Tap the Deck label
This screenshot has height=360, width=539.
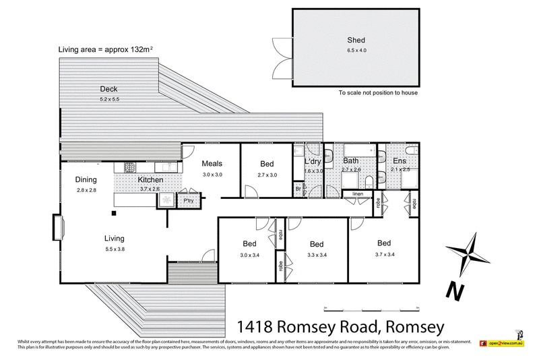tap(109, 89)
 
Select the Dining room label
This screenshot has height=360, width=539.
tap(86, 179)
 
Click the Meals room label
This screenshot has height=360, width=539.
tap(212, 163)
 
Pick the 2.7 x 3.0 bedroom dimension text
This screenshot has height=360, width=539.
tap(267, 175)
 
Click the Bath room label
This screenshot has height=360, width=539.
tap(350, 161)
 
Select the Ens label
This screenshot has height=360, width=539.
tap(400, 161)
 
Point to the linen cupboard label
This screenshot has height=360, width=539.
tap(357, 195)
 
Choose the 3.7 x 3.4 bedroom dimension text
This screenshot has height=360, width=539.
tap(384, 254)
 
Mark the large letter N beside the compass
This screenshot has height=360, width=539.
tap(456, 292)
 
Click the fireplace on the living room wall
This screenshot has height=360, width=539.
tap(57, 227)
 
